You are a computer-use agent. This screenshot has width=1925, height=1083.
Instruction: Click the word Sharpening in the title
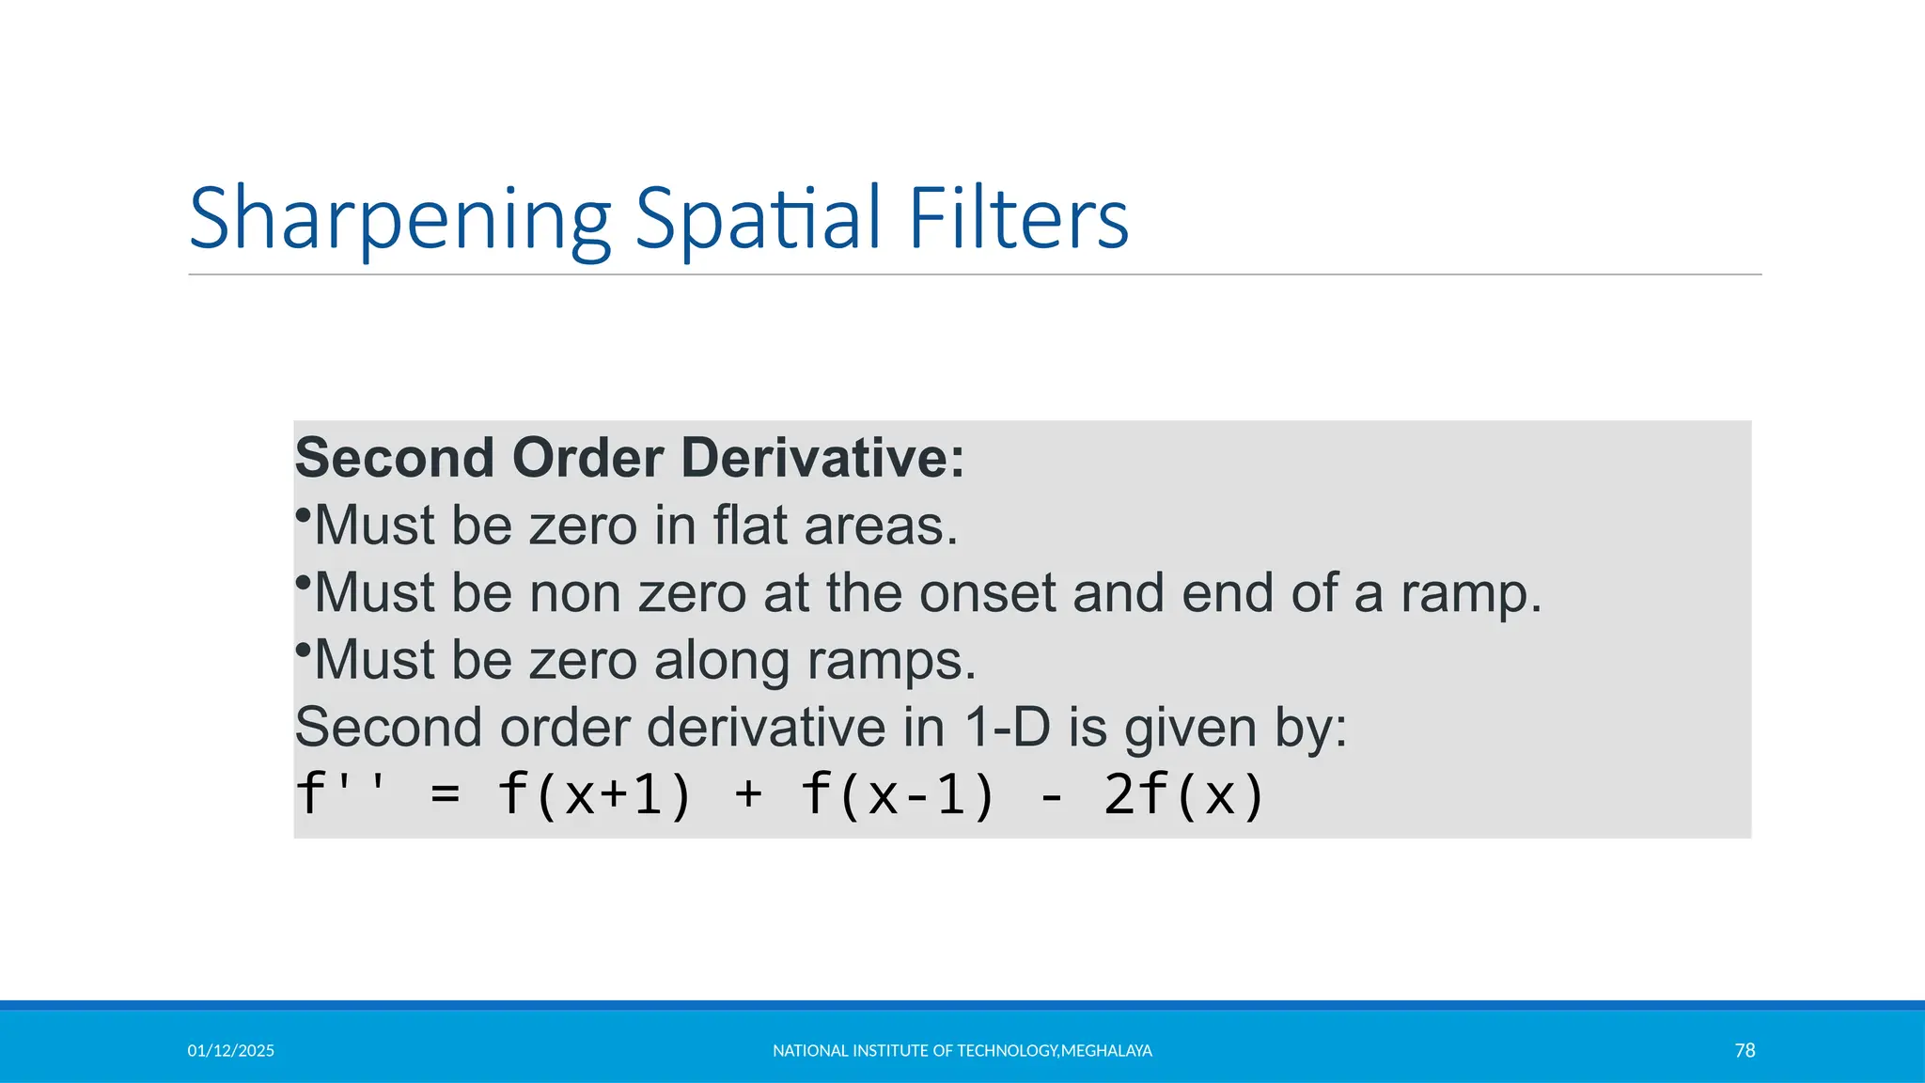(x=400, y=220)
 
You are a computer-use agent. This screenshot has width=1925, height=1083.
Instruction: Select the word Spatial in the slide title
(x=758, y=220)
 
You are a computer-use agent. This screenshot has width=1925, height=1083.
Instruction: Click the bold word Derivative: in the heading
(x=822, y=458)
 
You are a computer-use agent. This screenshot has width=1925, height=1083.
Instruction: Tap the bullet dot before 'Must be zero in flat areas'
(x=303, y=515)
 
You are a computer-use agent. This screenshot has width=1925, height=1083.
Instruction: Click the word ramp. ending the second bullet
(x=1471, y=595)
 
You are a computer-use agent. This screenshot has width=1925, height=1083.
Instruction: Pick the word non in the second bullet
(x=575, y=593)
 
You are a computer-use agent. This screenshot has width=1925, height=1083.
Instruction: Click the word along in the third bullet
(x=722, y=660)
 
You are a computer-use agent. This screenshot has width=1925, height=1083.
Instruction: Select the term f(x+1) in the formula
(x=594, y=794)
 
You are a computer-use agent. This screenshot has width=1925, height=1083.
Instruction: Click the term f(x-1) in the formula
(x=898, y=794)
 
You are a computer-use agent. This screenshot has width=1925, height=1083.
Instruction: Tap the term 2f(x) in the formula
(x=1184, y=794)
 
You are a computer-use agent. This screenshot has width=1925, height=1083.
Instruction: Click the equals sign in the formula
(x=446, y=795)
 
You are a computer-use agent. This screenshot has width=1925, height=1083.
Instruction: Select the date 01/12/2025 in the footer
(x=230, y=1051)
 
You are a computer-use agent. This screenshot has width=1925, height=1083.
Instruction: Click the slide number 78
(x=1745, y=1050)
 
